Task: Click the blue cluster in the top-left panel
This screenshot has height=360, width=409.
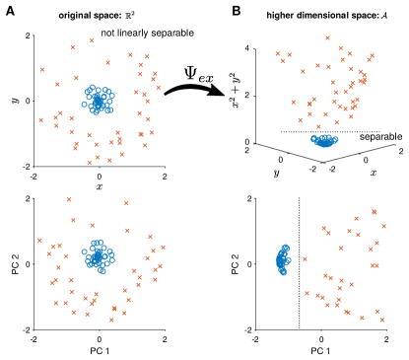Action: pos(98,99)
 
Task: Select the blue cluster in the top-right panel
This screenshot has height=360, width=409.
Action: pos(324,141)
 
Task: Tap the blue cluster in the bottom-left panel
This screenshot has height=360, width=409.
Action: pos(98,255)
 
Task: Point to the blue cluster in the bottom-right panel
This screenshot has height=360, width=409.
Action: pos(283,260)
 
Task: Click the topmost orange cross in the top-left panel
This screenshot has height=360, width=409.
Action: pos(92,40)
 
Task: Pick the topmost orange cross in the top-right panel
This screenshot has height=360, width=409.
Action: pos(328,38)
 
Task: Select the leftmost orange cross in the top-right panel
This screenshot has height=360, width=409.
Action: pos(278,54)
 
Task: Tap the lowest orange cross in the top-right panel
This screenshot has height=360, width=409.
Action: pos(318,126)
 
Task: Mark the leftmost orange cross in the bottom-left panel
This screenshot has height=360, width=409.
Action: pos(39,240)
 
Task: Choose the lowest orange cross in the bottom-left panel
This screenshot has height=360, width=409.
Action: pos(111,320)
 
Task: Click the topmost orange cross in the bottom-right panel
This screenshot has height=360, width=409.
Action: pos(375,211)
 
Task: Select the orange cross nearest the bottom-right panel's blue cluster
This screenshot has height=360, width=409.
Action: pos(305,259)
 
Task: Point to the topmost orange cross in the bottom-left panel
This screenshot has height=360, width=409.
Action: pos(69,199)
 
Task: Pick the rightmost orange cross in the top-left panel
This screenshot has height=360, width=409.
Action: pos(158,88)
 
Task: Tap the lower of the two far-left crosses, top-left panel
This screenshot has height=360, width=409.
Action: pos(40,120)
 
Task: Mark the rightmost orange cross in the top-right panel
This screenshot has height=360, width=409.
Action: pos(372,56)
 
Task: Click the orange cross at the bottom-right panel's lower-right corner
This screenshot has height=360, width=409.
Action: pos(381,320)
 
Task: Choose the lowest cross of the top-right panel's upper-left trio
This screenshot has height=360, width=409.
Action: pos(283,61)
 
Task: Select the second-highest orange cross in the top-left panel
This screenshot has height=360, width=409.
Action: pos(72,47)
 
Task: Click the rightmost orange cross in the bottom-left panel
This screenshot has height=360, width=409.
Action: pos(163,248)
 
